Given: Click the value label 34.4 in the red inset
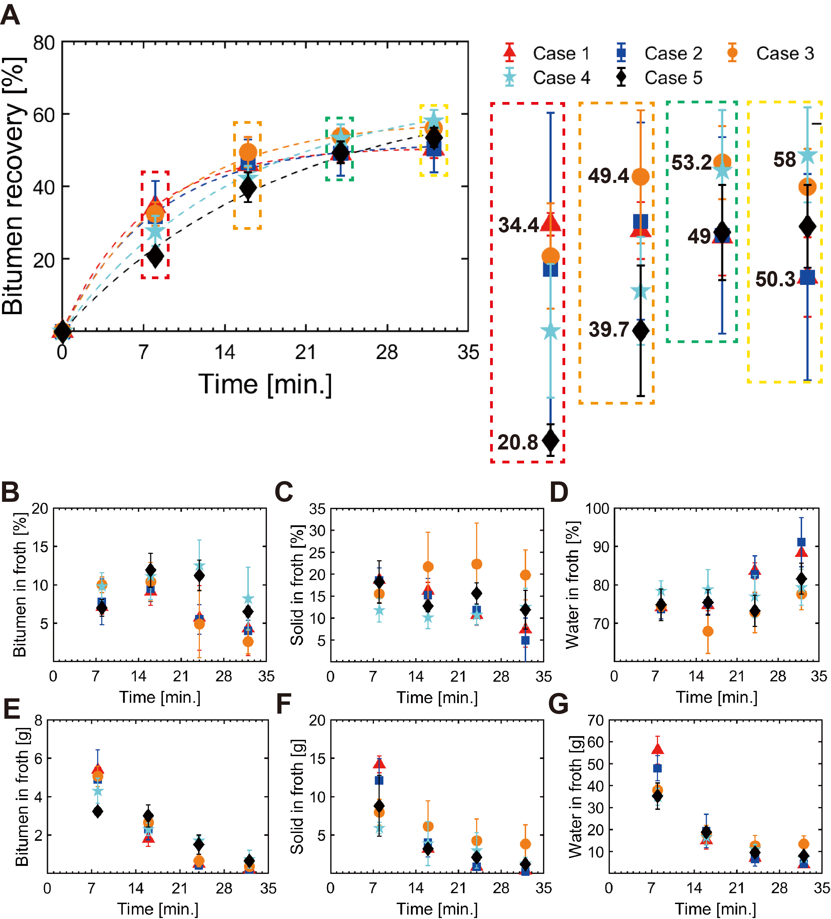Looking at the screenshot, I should pos(518,225).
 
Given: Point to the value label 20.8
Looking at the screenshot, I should pos(518,442).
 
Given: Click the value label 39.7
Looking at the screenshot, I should pos(609,329).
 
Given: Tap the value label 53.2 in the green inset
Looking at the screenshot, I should pos(691,162).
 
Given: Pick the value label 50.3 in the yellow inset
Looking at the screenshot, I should pos(775,279).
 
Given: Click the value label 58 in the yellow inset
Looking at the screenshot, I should pos(784,159).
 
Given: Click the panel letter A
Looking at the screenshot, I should pos(10,15).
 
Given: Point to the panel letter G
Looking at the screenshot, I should pos(558,703).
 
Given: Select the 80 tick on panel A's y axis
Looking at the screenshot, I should pos(44,43).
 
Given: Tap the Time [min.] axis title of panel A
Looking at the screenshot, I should pos(265,384).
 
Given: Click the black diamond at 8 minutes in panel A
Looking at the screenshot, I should pos(155,256).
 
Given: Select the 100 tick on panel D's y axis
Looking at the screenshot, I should pos(597,508).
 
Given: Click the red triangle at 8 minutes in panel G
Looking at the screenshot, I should pos(657,749).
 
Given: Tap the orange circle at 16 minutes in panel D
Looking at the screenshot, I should pos(708,631).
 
